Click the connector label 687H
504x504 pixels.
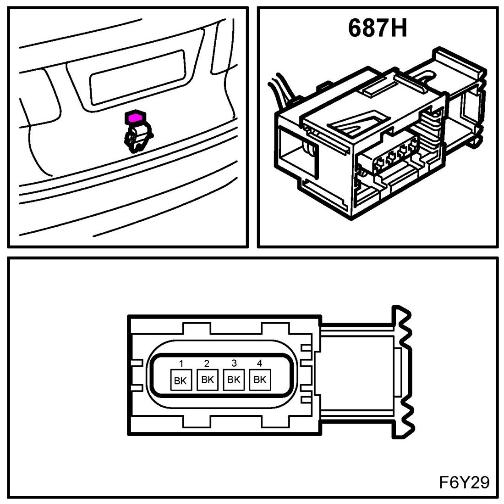[377, 28]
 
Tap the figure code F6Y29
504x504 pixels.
[464, 482]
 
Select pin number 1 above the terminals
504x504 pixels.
[181, 364]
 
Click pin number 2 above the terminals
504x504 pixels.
[207, 364]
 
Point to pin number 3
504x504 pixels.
[234, 364]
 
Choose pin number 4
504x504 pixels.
[259, 364]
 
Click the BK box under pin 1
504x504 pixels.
[181, 381]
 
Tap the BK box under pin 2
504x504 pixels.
[207, 380]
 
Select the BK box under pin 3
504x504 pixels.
[234, 380]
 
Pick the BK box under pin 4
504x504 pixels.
[260, 380]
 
